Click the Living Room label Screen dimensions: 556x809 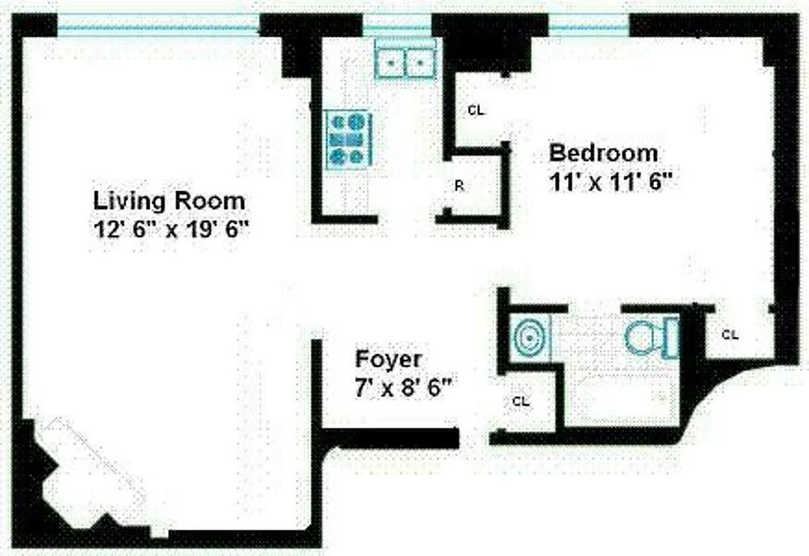[169, 201]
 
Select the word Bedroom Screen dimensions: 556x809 [603, 152]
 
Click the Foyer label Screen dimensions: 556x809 [388, 359]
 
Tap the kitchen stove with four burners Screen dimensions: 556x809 [349, 139]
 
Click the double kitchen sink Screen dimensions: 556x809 [406, 62]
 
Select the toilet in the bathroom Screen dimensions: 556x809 [651, 337]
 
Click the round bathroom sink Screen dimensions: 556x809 [530, 338]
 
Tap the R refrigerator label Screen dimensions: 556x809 [459, 186]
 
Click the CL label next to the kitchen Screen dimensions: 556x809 [476, 110]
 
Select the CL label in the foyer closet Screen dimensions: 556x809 [521, 401]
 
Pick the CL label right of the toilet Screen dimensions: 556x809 [729, 334]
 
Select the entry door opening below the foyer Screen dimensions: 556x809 [474, 438]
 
